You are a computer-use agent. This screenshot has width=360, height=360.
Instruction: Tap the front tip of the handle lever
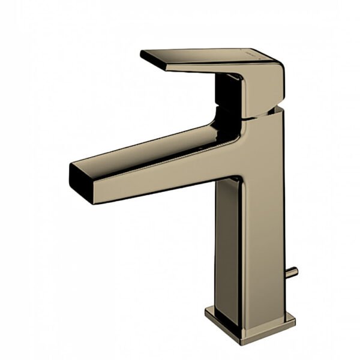point(143,55)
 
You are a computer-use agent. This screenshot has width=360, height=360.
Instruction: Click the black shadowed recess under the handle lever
point(228,90)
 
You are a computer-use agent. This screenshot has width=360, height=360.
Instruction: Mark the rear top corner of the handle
point(277,60)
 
